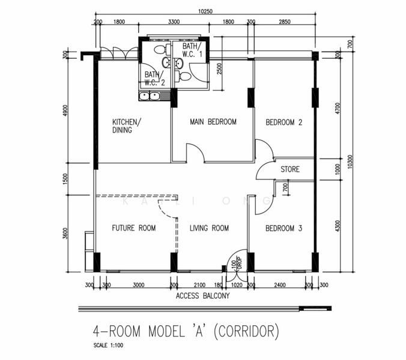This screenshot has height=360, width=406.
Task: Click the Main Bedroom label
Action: click(x=213, y=122)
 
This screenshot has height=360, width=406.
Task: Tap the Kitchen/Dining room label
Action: click(x=126, y=125)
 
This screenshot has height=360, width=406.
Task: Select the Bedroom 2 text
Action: click(x=283, y=122)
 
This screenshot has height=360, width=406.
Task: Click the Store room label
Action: click(x=290, y=170)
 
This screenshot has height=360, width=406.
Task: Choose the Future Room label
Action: click(x=134, y=228)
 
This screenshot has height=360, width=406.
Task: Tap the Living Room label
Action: click(x=210, y=228)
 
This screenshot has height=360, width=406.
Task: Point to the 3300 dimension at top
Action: click(x=174, y=22)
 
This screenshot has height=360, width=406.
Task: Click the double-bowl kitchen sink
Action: click(x=148, y=95)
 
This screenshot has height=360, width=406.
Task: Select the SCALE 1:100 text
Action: click(x=110, y=346)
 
